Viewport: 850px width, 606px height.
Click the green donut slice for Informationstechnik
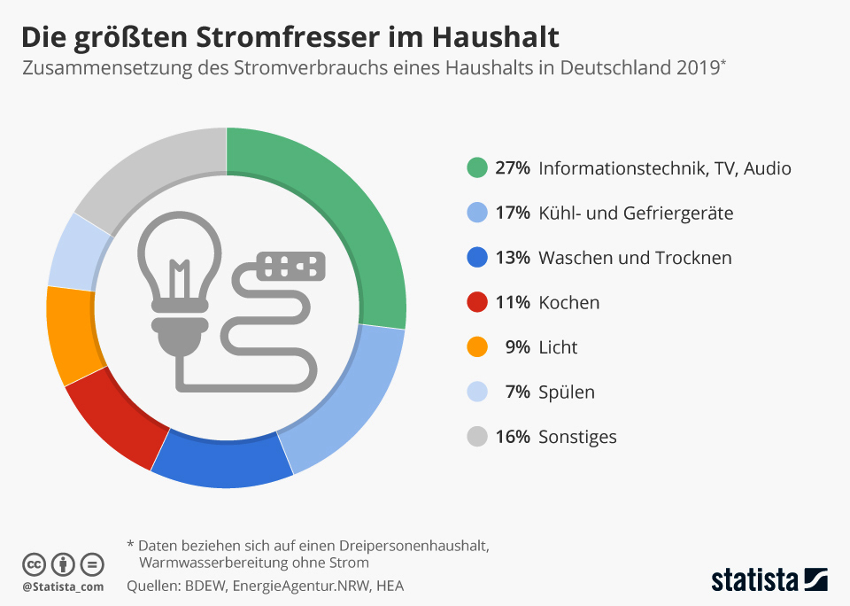click(354, 221)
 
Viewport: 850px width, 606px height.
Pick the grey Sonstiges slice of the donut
click(151, 173)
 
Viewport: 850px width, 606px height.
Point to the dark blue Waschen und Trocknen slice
click(221, 461)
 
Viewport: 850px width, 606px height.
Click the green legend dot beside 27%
click(477, 168)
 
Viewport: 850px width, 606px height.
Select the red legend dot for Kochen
click(477, 302)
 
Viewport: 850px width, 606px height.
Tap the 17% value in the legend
click(513, 214)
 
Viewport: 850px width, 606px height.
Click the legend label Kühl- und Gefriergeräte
click(636, 214)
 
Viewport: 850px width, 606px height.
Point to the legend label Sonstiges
click(577, 437)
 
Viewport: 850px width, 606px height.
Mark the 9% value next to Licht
click(517, 347)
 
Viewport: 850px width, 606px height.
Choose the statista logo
click(769, 579)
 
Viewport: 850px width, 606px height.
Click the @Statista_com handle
click(63, 587)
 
